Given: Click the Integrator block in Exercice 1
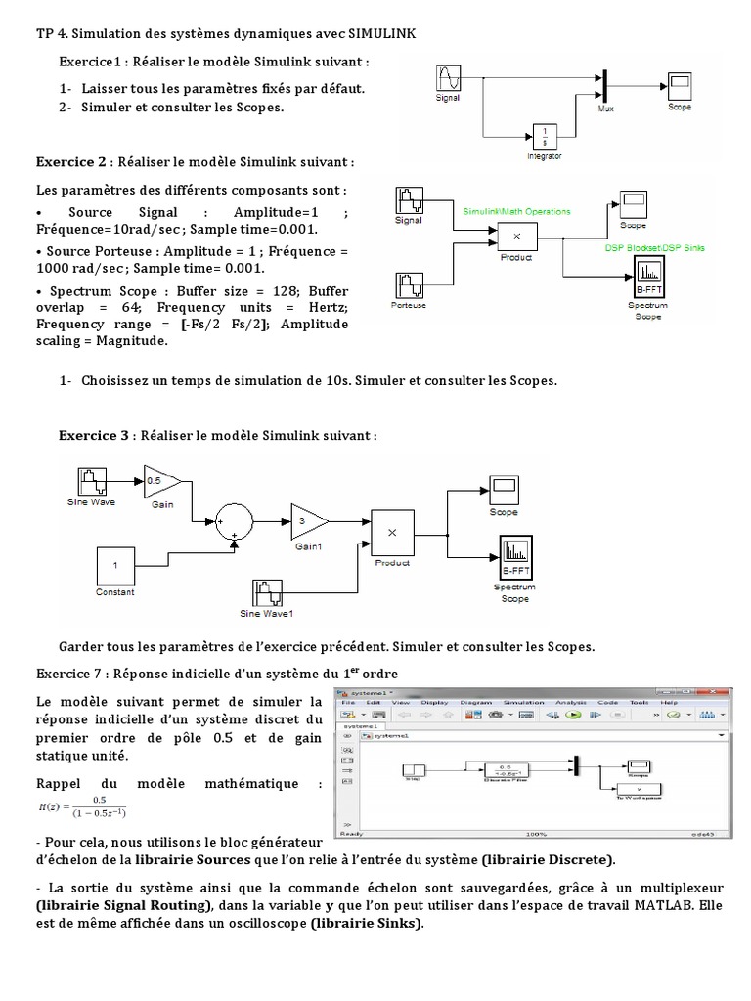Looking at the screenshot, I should pos(544,135).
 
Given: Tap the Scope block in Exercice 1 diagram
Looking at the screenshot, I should pos(680,84).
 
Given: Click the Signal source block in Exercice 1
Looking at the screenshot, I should pos(447,77).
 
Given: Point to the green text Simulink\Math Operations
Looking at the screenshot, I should pos(515,210).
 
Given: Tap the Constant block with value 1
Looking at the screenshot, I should pos(115,566).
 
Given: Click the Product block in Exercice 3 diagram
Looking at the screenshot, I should pos(392,533).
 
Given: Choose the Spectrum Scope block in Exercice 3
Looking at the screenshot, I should pos(514,557).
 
